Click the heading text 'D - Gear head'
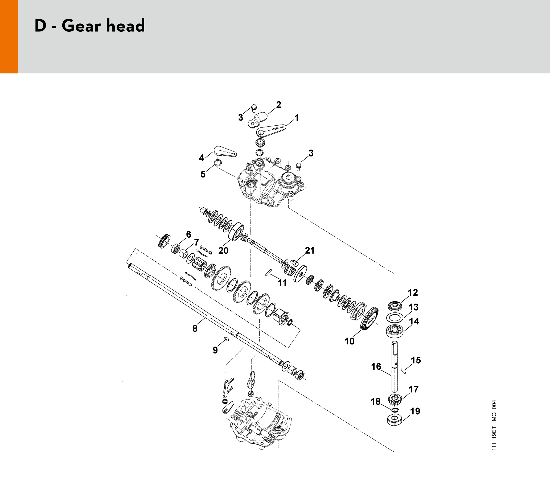pos(90,26)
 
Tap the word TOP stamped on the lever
pos(275,129)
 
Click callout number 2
pos(279,105)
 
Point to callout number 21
pos(310,250)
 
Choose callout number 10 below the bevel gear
pos(349,341)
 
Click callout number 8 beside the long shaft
pos(195,328)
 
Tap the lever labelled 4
pos(225,151)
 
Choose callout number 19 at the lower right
pos(415,411)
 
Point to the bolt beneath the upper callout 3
pos(254,108)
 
